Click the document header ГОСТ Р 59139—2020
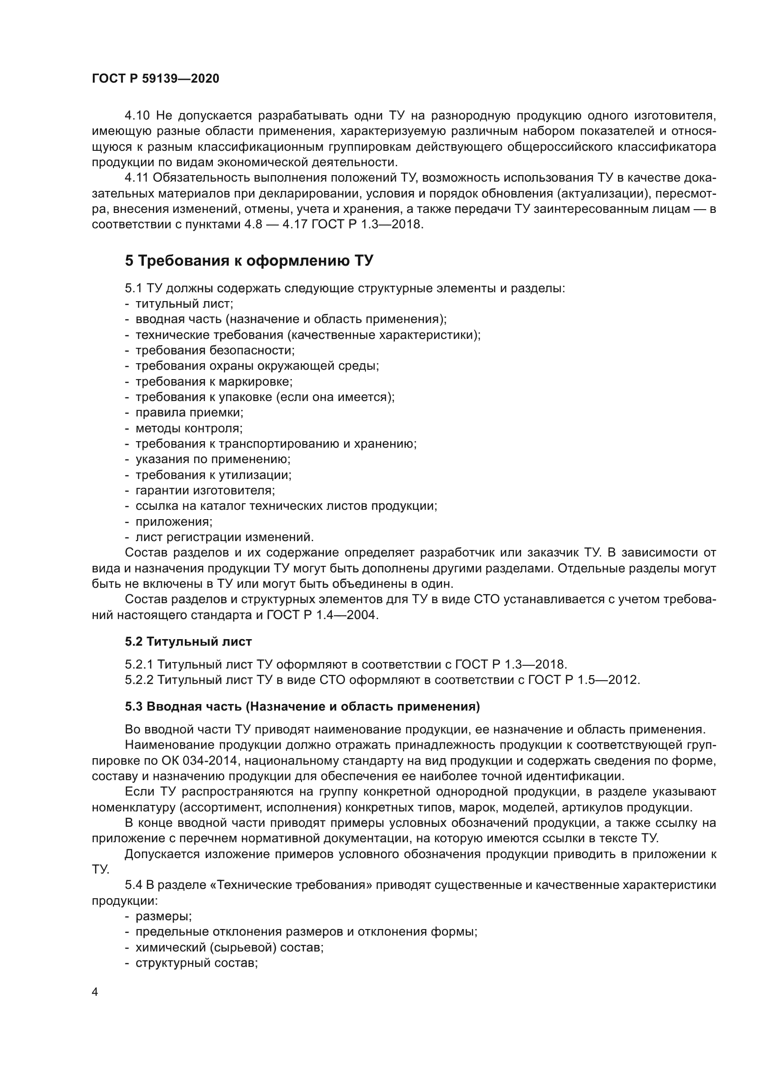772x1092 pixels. pos(155,79)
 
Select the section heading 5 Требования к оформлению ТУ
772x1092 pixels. pos(249,261)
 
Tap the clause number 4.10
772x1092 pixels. pos(137,116)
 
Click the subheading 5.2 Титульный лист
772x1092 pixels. pos(188,641)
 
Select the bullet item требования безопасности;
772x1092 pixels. pos(215,350)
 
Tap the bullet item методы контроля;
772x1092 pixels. pos(189,428)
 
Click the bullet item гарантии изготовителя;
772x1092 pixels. pos(205,490)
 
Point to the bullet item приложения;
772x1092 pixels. pos(174,522)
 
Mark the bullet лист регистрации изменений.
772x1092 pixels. pos(225,537)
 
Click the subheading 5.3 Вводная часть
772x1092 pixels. pos(302,707)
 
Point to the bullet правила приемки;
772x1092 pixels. pos(189,412)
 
